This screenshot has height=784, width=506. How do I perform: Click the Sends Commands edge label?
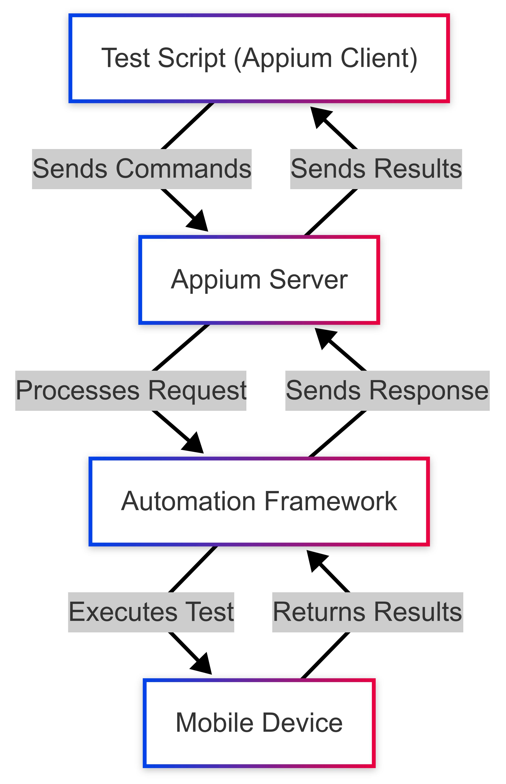tap(142, 169)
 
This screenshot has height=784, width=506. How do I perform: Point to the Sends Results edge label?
tap(376, 169)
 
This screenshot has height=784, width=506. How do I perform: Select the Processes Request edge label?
tap(131, 391)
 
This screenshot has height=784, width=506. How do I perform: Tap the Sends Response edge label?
tap(387, 391)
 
